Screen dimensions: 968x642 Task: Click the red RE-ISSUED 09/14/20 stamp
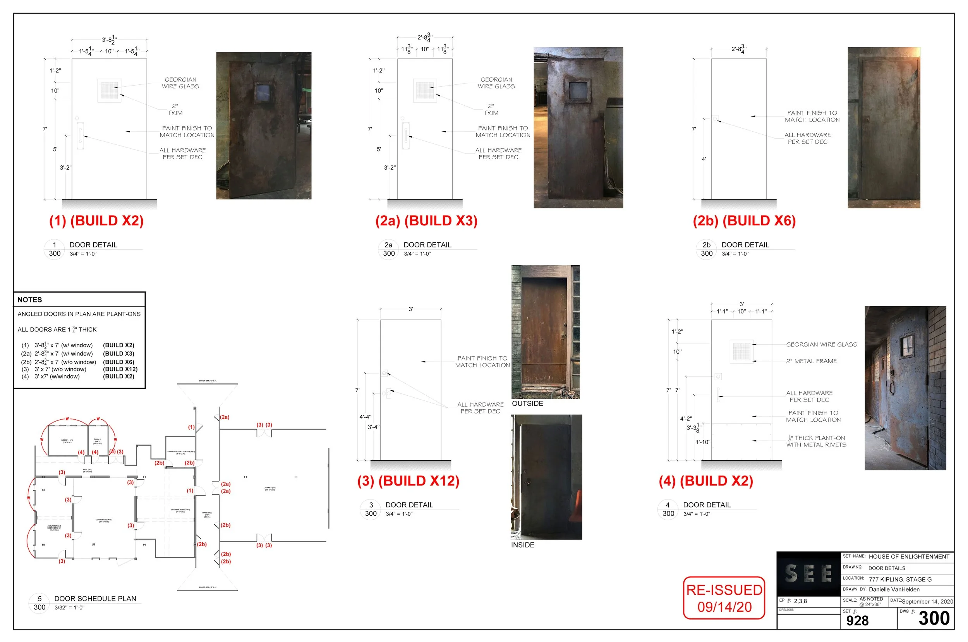tap(724, 598)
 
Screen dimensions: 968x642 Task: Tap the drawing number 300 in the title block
tap(934, 618)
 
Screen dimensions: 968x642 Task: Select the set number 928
tap(857, 621)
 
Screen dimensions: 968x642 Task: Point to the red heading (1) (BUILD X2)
tap(96, 221)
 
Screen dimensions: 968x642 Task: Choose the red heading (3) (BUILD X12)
tap(408, 481)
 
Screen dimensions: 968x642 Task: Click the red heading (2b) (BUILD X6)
tap(744, 221)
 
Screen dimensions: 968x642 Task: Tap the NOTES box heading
tap(30, 300)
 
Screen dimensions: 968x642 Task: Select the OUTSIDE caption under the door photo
tap(528, 404)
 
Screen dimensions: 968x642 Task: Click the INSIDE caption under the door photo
tap(522, 545)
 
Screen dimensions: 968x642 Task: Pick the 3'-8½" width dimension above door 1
tap(109, 40)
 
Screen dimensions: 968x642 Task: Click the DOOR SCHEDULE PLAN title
tap(95, 599)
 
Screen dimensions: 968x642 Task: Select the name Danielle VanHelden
tap(894, 590)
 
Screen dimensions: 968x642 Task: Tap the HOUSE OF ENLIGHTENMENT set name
tap(909, 557)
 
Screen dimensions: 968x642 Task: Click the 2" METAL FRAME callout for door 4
tap(811, 361)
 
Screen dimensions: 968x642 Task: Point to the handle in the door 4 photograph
tap(891, 386)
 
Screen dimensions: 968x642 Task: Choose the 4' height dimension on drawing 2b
tap(704, 159)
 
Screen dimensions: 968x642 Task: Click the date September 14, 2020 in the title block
tap(927, 601)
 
